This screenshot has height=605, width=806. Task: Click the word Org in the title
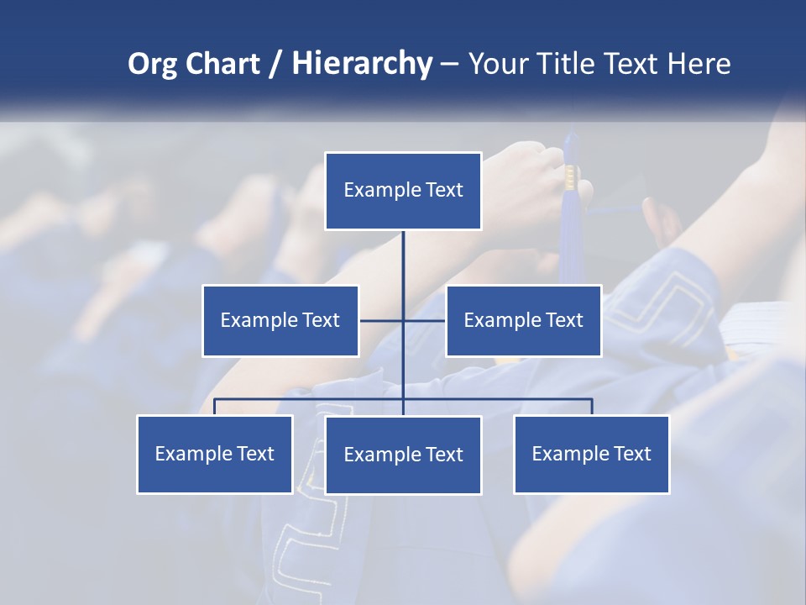pos(152,64)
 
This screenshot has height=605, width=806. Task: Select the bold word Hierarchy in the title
pos(362,64)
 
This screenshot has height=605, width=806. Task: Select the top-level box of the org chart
pos(403,191)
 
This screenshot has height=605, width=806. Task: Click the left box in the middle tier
pos(280,321)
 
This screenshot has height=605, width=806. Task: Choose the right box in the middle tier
pos(523,321)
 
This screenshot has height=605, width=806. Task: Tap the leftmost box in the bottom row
pos(215,455)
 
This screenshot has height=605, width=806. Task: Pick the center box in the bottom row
pos(403,455)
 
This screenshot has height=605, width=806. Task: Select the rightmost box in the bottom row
pos(592,455)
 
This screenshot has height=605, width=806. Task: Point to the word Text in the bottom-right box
pos(632,455)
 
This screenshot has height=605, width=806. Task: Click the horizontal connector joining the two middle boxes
pos(382,320)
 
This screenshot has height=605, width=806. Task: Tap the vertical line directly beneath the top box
pos(403,260)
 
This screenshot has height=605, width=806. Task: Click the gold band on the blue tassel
pos(571,176)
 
